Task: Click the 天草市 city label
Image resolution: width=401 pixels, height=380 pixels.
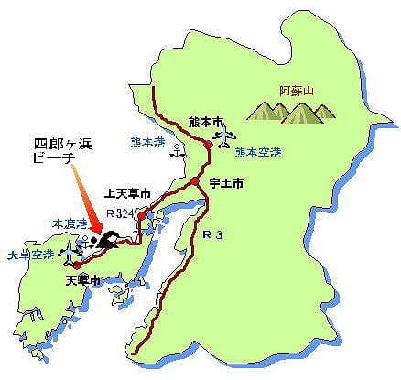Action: coord(84,278)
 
